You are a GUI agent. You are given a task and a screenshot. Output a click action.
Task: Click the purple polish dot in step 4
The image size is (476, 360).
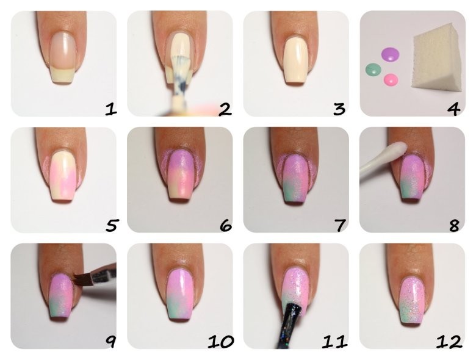390,55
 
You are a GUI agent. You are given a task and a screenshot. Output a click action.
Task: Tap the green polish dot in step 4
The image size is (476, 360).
373,70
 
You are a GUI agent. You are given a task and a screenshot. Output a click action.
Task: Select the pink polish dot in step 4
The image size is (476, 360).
391,80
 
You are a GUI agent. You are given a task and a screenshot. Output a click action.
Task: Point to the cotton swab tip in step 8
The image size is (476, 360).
397,149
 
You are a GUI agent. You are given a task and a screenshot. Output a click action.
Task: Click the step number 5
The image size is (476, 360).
112,226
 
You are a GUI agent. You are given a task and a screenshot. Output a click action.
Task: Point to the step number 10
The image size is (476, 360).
221,342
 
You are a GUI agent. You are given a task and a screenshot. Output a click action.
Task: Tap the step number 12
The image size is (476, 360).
450,342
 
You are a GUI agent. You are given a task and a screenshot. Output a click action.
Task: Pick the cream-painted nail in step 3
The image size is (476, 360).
295,60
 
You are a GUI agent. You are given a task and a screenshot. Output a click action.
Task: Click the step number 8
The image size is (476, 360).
454,226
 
